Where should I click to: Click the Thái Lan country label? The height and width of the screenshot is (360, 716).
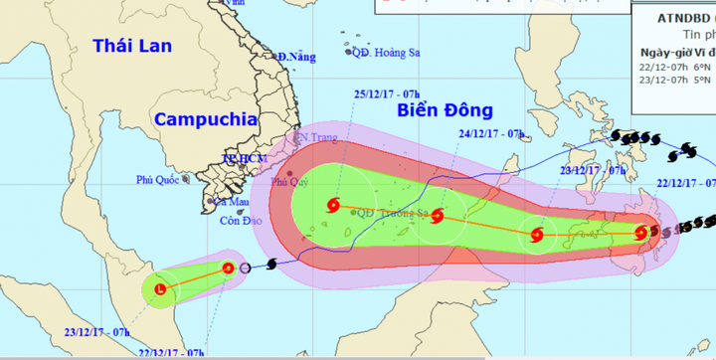click(131, 46)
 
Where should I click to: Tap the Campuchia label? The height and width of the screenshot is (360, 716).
click(206, 119)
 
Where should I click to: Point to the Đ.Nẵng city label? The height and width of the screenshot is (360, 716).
click(296, 57)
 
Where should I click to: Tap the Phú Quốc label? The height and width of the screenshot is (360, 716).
click(161, 180)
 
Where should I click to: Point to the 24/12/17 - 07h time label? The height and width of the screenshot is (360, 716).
click(490, 133)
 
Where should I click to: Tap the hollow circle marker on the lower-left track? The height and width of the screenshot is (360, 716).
click(246, 268)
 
